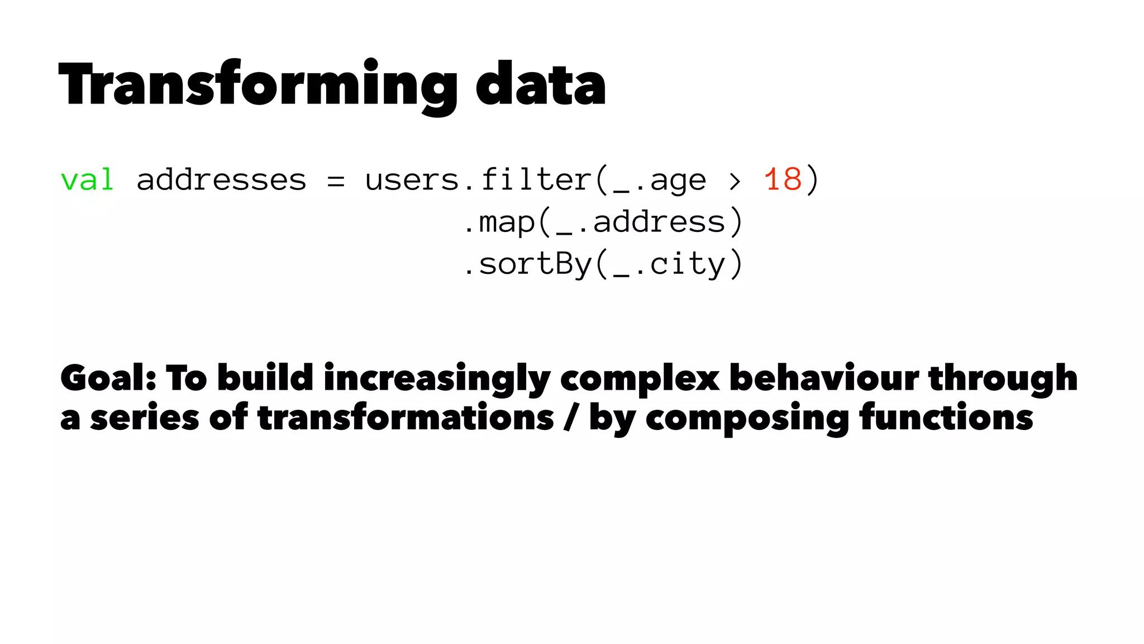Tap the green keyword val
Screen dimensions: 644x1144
87,181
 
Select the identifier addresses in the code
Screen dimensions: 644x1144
221,181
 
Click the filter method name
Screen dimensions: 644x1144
535,180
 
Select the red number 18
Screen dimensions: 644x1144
783,180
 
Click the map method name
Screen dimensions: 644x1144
507,222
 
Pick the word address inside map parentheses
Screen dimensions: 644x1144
659,222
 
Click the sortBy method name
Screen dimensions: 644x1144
535,264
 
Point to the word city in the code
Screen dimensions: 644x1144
688,264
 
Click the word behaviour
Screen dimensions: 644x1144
824,378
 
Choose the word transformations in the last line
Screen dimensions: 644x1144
406,418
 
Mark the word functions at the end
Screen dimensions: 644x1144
946,418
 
